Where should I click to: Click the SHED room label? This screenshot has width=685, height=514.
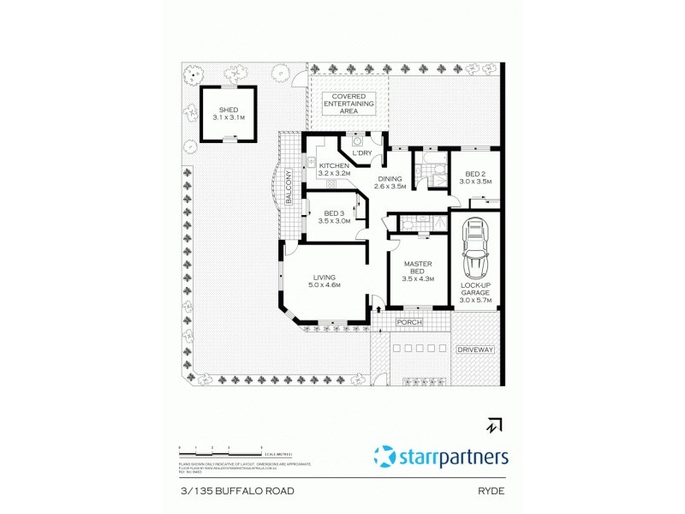pyautogui.click(x=229, y=113)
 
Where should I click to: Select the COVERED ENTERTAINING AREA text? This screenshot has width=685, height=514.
pyautogui.click(x=348, y=104)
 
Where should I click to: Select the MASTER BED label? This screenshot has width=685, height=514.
pyautogui.click(x=418, y=271)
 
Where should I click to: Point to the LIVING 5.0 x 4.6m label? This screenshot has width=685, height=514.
pyautogui.click(x=325, y=281)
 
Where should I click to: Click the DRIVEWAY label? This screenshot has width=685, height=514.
pyautogui.click(x=475, y=350)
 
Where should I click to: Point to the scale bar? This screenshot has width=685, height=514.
pyautogui.click(x=219, y=451)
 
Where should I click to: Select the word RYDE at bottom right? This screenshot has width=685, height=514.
pyautogui.click(x=491, y=491)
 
